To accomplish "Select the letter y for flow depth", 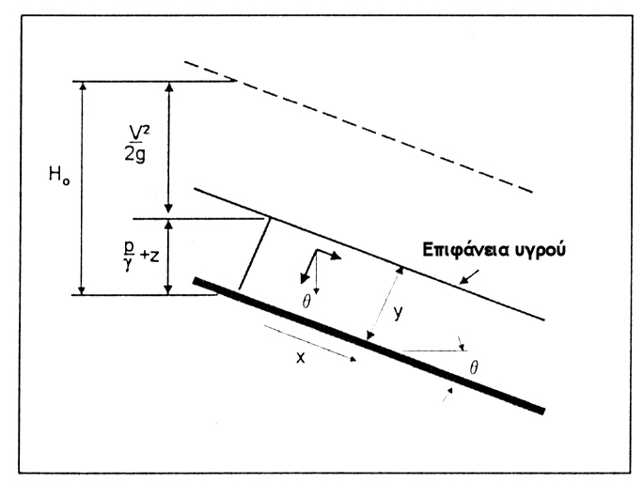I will coord(399,313).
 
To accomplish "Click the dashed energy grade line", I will coord(357,127).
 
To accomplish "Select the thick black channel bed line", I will coord(367,344).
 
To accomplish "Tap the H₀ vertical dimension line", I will coord(84,188).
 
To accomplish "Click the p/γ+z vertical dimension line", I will coord(169,257).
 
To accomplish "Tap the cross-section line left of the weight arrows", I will coord(256,253).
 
